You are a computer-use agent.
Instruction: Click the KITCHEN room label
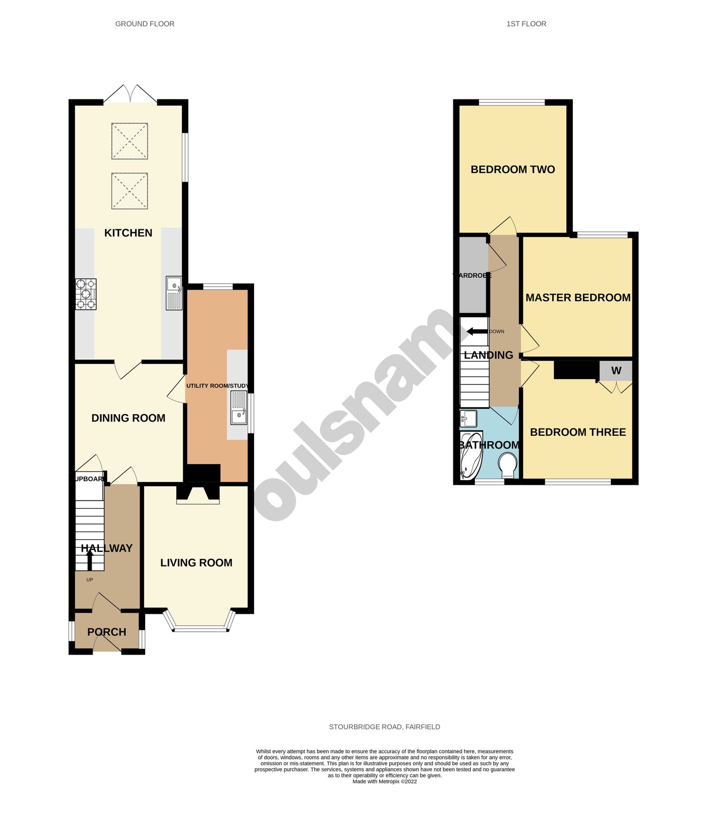(x=128, y=233)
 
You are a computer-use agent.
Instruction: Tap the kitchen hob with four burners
(x=86, y=294)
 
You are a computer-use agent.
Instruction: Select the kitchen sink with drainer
(x=174, y=293)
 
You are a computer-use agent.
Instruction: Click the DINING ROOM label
(x=128, y=418)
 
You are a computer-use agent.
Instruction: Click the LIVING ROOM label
(x=196, y=563)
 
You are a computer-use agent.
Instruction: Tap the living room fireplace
(x=198, y=494)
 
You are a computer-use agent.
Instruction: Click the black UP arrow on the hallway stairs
(x=90, y=559)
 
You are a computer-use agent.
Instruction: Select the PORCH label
(x=107, y=632)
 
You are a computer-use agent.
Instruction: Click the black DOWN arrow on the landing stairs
(x=477, y=331)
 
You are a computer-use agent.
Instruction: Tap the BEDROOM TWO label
(x=512, y=170)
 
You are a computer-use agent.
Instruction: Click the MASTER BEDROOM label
(x=578, y=298)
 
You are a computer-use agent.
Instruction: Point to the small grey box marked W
(x=616, y=371)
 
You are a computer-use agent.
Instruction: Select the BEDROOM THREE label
(x=578, y=432)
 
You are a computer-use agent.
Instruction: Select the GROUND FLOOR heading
(x=145, y=24)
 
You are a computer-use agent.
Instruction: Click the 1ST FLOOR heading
(x=526, y=24)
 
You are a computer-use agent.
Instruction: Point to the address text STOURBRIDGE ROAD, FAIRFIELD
(x=384, y=727)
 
